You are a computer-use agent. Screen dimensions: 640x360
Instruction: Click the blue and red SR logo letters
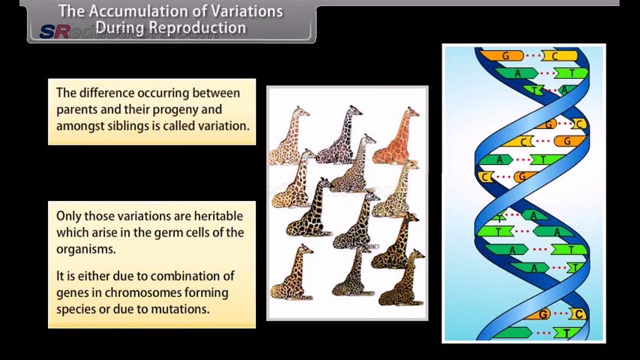[x=54, y=32]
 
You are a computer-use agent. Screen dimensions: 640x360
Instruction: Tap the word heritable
[x=218, y=216]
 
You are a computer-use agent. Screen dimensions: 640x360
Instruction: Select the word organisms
[x=86, y=249]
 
